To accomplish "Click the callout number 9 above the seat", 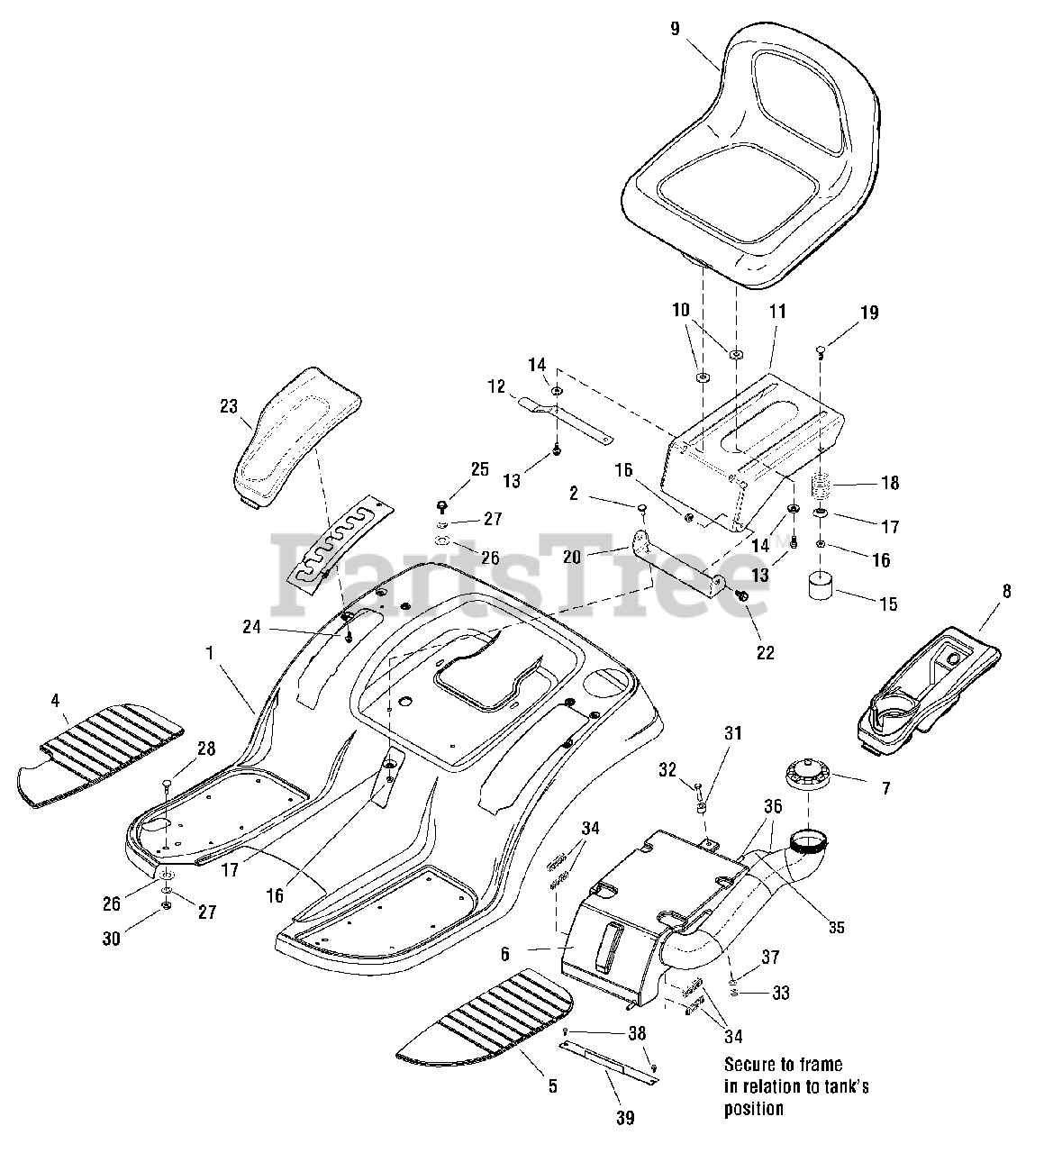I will tap(676, 29).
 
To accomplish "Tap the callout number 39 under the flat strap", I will tap(625, 1118).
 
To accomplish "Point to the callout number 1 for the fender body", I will tap(210, 653).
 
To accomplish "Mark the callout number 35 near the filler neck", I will tap(837, 928).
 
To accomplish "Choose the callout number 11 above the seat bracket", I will tap(777, 312).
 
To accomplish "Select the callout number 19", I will tap(868, 313).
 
